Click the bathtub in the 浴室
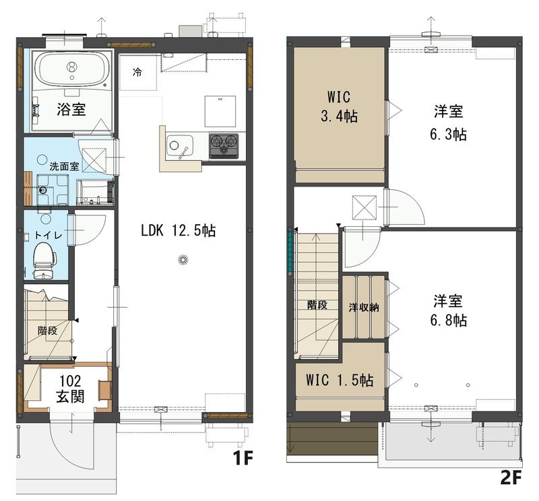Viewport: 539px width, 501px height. coord(71,70)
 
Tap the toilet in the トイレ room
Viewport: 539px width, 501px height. coord(44,260)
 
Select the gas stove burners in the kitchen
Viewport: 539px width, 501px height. coord(224,145)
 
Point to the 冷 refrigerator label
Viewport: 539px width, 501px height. coord(137,72)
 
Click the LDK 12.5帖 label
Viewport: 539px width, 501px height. coord(178,230)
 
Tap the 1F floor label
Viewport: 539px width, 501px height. coord(243,458)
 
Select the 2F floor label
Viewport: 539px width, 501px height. coord(511,477)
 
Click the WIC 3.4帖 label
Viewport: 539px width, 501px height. coord(339,106)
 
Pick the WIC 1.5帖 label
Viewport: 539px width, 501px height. coord(340,380)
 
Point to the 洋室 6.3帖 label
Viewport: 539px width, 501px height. coord(448,123)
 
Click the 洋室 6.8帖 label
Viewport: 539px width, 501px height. coord(448,310)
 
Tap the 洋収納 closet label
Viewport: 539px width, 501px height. coord(364,307)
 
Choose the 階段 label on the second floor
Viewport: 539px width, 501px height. coord(317,305)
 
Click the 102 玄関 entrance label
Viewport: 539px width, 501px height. coord(70,389)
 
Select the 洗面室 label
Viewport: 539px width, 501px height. coord(64,166)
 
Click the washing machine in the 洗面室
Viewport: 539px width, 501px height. coord(53,190)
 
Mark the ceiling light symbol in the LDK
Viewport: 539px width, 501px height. coord(183,260)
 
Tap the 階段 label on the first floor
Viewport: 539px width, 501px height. coord(47,331)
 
